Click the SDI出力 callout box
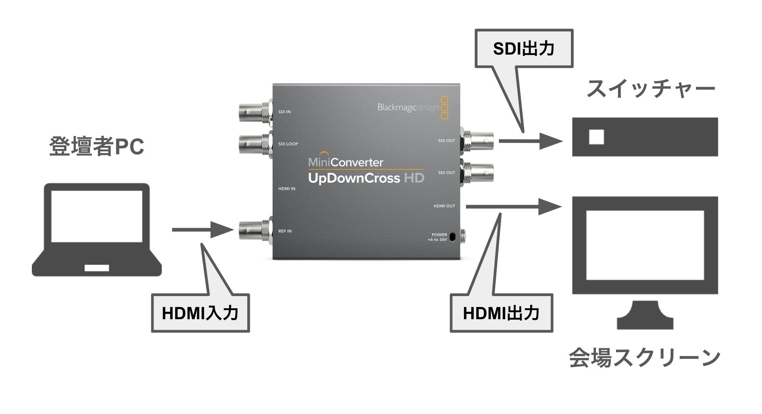pos(524,49)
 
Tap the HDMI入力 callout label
pos(200,313)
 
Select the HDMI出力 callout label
pos(501,313)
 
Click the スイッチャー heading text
pos(650,89)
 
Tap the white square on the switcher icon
pos(596,137)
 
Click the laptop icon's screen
pos(97,216)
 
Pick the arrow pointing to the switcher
pos(531,141)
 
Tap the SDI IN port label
pos(284,112)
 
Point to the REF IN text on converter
pos(285,231)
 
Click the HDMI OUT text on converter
pos(444,206)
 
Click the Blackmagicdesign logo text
pos(408,108)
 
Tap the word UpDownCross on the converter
pos(354,178)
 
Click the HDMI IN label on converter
pos(287,188)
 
